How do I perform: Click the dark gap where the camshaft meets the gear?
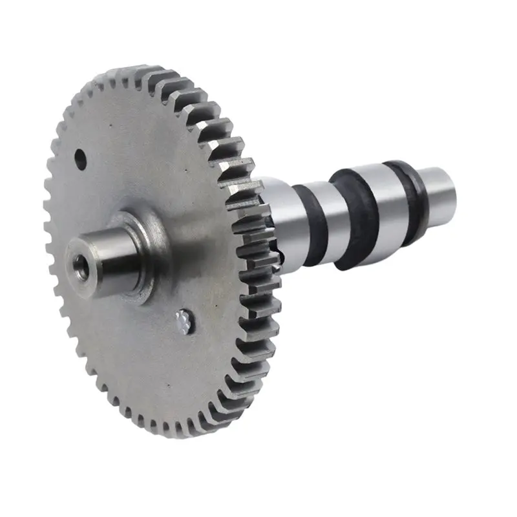point(277,249)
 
